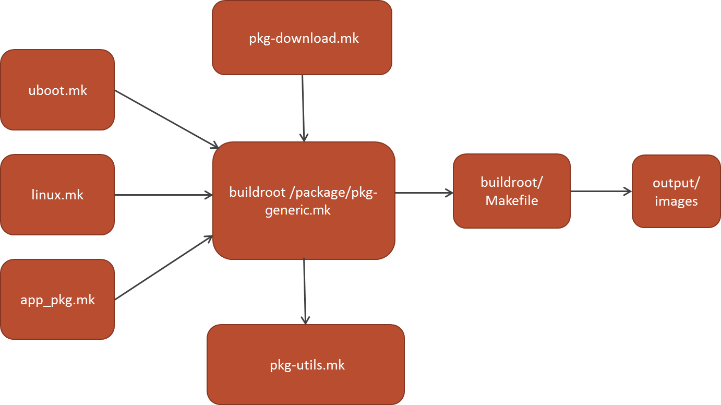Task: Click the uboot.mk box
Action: click(57, 90)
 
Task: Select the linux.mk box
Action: click(57, 195)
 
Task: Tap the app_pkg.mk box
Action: click(57, 300)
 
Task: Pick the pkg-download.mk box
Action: click(302, 38)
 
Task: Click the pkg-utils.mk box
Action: click(306, 364)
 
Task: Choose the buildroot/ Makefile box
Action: click(511, 191)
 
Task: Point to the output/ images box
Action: click(676, 191)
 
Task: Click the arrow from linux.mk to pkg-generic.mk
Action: click(163, 195)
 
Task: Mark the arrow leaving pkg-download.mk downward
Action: click(303, 108)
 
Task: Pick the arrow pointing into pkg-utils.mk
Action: click(305, 291)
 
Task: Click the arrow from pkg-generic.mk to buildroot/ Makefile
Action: click(424, 193)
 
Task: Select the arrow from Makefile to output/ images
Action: click(600, 192)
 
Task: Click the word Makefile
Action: click(511, 200)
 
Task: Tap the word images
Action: click(676, 201)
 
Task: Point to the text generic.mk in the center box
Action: click(298, 210)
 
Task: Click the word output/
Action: click(676, 183)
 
